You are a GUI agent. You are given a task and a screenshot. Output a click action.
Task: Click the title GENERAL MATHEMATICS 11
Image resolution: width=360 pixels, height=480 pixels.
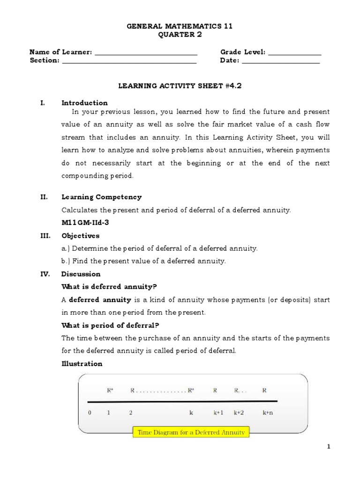(180, 27)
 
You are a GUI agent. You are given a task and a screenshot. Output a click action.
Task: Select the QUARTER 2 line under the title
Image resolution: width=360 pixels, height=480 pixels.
(180, 35)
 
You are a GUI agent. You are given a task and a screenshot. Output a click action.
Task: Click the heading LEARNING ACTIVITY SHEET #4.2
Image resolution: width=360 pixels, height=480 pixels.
(180, 86)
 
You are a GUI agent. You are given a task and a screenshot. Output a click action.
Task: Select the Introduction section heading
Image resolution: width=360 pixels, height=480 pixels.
(84, 103)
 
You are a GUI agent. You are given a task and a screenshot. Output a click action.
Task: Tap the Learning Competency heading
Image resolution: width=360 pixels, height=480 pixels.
(101, 197)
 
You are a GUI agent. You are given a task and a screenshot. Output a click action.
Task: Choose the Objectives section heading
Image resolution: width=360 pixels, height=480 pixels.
(80, 236)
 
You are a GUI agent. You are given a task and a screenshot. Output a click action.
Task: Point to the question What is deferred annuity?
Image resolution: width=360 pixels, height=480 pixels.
(102, 286)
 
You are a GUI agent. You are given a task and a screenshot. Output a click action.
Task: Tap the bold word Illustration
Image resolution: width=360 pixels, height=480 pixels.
(82, 363)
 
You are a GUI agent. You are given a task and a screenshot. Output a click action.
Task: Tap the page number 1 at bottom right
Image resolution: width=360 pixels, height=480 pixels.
(329, 447)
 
